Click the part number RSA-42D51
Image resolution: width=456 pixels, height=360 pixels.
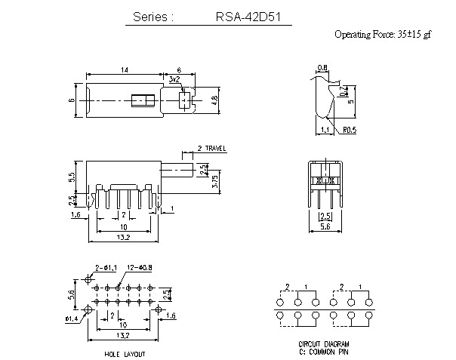tap(244, 17)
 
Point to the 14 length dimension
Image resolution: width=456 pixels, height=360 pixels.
tap(124, 69)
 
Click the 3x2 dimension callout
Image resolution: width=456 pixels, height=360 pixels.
tap(174, 78)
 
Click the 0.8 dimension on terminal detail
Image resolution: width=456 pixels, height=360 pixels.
tap(323, 68)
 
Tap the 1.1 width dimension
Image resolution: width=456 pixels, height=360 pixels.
tap(324, 130)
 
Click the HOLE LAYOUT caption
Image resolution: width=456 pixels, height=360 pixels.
tap(124, 353)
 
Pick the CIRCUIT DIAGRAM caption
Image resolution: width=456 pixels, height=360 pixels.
tap(321, 343)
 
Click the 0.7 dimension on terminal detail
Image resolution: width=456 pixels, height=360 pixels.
tap(344, 92)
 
